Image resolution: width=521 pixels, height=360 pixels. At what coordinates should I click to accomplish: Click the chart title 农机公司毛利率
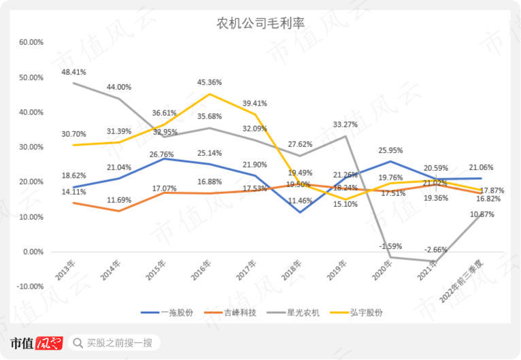pyautogui.click(x=260, y=23)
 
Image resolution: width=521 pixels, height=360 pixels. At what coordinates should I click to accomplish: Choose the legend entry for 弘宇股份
pyautogui.click(x=366, y=312)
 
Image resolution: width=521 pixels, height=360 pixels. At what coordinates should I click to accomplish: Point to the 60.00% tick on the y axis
pyautogui.click(x=31, y=42)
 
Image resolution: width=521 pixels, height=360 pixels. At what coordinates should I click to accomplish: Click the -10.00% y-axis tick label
pyautogui.click(x=30, y=287)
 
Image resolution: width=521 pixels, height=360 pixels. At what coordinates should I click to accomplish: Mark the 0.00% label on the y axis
pyautogui.click(x=33, y=252)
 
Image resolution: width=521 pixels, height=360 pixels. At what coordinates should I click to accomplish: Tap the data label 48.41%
pyautogui.click(x=73, y=71)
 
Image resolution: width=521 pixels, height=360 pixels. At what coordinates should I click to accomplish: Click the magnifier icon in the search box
pyautogui.click(x=77, y=342)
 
